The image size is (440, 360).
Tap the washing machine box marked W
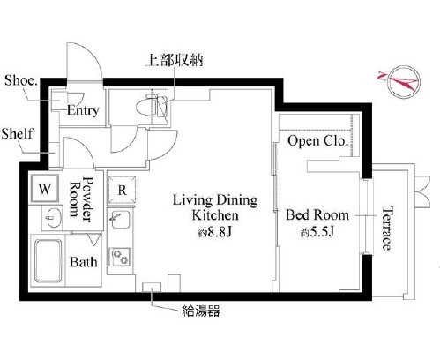click(x=45, y=188)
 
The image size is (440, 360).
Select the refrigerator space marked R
click(x=122, y=190)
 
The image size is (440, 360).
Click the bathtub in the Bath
click(x=48, y=261)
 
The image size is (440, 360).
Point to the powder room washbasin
click(x=54, y=218)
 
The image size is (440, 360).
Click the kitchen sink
click(x=121, y=219)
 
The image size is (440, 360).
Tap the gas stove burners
click(x=121, y=257)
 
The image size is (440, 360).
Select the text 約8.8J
click(x=215, y=233)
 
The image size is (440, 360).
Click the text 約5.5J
click(x=317, y=233)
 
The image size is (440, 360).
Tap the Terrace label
click(x=387, y=229)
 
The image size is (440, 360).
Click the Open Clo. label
click(x=317, y=141)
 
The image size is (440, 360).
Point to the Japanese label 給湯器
click(x=201, y=311)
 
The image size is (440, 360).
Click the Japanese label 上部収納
click(x=175, y=60)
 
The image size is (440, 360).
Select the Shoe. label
click(x=21, y=80)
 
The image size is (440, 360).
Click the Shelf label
click(x=17, y=133)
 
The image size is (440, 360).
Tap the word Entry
click(x=83, y=110)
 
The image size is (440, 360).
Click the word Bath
click(x=84, y=262)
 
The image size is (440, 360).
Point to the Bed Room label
click(x=317, y=214)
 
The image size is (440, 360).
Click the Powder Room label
click(x=80, y=199)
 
